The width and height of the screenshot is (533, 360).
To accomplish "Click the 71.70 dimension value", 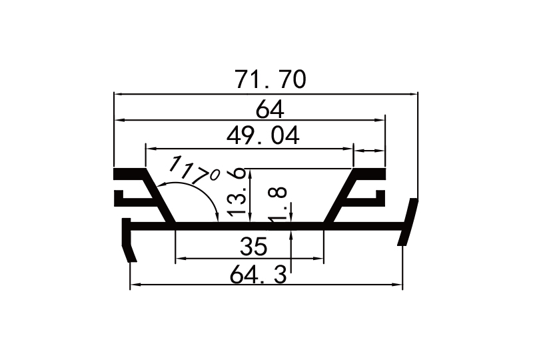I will tap(270, 79).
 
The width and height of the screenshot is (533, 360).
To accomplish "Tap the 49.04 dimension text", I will tap(263, 135).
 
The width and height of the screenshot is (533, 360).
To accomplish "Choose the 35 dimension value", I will tap(252, 247).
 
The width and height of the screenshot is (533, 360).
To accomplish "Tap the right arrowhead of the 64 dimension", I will tap(380, 120).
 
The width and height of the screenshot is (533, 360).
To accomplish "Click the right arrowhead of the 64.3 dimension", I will tap(398, 285).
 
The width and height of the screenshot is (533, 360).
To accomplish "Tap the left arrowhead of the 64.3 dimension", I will tap(134, 285).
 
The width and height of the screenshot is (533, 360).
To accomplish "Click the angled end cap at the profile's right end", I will tap(408, 223).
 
